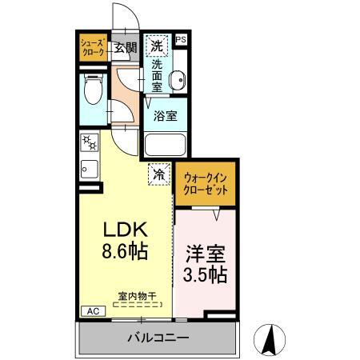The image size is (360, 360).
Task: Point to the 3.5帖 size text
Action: (x=206, y=276)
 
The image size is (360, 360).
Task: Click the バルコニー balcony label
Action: (x=158, y=338)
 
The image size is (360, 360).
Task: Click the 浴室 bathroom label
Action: (x=165, y=115)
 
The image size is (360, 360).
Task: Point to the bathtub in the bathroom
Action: (x=165, y=145)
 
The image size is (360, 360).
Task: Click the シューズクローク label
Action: (x=92, y=48)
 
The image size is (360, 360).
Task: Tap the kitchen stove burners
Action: (x=88, y=144)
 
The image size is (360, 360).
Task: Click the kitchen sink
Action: (x=89, y=170)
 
